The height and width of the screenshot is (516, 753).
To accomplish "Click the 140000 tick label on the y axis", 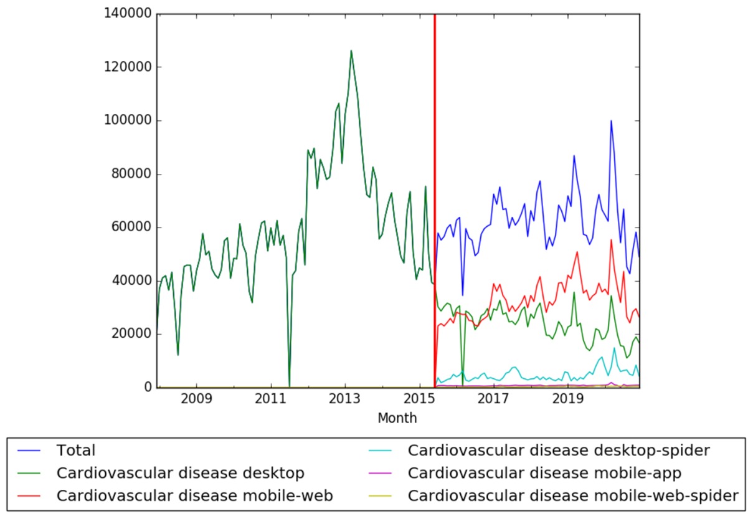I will click(130, 14).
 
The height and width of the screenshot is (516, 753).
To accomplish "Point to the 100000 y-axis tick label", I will click(130, 120).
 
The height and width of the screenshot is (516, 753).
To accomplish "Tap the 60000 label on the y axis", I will click(133, 227).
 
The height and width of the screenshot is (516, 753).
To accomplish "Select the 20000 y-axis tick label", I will click(133, 334).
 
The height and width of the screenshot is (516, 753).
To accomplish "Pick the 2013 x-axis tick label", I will click(345, 398).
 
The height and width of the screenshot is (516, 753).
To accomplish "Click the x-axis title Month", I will click(397, 418).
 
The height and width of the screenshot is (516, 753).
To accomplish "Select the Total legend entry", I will click(75, 450).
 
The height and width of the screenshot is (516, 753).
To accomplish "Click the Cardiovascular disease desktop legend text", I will click(180, 473).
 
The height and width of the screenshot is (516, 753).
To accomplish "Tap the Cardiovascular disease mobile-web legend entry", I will click(194, 496).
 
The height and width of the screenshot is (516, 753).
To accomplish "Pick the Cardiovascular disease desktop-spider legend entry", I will click(559, 450).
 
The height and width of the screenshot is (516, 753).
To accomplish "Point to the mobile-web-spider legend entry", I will click(573, 496).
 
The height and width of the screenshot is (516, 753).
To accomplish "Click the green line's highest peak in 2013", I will click(351, 50).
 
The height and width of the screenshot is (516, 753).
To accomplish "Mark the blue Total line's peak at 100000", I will click(611, 121).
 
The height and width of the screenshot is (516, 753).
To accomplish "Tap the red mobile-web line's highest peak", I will click(612, 240).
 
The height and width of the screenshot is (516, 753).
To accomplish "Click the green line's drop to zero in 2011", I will click(290, 386).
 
